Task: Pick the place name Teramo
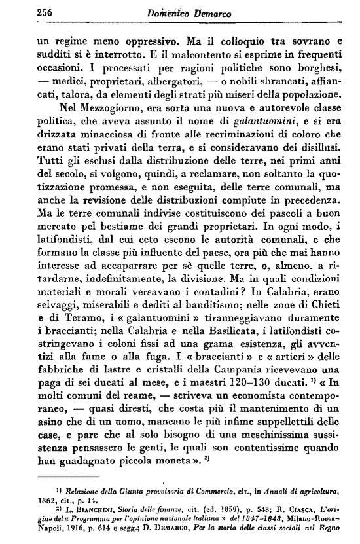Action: [70, 318]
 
